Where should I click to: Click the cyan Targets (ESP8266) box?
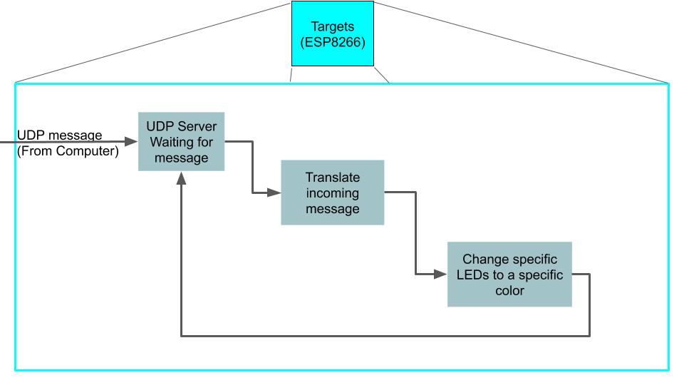(x=332, y=34)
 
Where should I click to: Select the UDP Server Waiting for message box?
(x=181, y=141)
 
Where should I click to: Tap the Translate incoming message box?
(x=332, y=192)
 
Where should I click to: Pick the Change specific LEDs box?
(x=509, y=274)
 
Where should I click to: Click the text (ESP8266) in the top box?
(x=333, y=42)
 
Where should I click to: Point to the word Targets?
(x=333, y=26)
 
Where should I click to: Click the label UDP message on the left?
(x=60, y=135)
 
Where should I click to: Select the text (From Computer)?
(x=68, y=150)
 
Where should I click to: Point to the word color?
(x=509, y=291)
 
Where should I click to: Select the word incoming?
(x=333, y=193)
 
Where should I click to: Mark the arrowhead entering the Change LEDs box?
(x=441, y=274)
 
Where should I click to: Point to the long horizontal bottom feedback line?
(x=385, y=335)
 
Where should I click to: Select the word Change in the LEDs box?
(x=482, y=260)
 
